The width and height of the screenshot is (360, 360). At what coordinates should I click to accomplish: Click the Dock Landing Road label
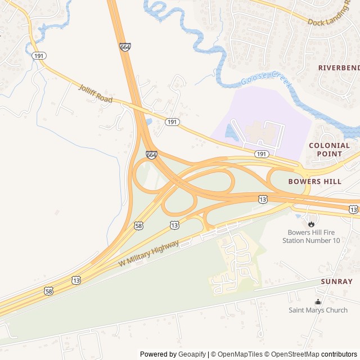pos(333,21)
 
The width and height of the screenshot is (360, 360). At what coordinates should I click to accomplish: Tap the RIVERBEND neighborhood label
pos(339,67)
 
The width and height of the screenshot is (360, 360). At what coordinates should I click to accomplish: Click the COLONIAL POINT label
pos(329,149)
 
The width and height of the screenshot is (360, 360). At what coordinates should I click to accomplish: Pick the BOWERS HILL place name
pos(314,182)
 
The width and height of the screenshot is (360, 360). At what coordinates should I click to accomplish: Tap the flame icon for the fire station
pos(311,223)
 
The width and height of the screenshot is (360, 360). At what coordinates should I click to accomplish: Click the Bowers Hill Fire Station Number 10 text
pos(313,236)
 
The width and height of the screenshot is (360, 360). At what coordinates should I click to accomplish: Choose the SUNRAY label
pos(336,281)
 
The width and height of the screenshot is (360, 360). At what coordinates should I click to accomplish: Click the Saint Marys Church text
pos(318,310)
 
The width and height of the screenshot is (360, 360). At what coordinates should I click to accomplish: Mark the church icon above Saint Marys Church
pos(318,301)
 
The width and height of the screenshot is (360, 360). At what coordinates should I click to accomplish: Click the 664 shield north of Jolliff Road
pos(125,47)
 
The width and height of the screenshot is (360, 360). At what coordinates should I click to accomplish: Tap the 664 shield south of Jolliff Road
pos(151,154)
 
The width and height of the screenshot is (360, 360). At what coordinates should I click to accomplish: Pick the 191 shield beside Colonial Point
pos(261,154)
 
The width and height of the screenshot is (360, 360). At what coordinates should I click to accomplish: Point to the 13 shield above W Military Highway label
pos(174,224)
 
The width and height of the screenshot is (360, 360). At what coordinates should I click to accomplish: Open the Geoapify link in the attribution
pos(192,354)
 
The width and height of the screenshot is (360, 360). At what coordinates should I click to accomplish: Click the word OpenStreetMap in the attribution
pos(293,354)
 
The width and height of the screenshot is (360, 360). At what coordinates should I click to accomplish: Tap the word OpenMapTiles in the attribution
pos(240,354)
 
